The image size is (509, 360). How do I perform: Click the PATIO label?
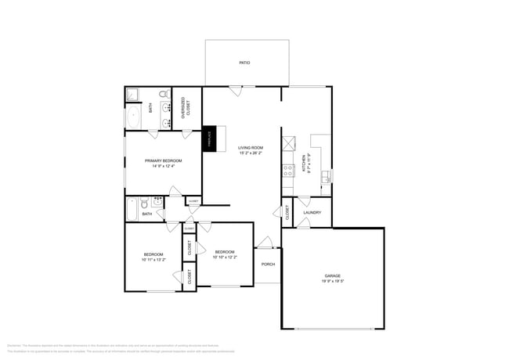(244, 62)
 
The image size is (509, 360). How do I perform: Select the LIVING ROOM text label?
(251, 148)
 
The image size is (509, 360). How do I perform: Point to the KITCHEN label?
(304, 163)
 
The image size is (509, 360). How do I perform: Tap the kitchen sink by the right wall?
(327, 175)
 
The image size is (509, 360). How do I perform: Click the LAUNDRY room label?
(312, 212)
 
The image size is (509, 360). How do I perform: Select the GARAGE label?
(333, 275)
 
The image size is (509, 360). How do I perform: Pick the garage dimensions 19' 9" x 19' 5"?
(333, 282)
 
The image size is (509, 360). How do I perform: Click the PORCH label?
(268, 264)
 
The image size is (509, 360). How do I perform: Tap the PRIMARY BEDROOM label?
(163, 160)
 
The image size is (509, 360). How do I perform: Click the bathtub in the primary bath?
(134, 117)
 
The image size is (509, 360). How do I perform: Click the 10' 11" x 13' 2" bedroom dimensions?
(153, 260)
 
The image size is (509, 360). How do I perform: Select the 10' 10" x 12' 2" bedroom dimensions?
(225, 257)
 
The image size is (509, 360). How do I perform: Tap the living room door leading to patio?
(236, 90)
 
